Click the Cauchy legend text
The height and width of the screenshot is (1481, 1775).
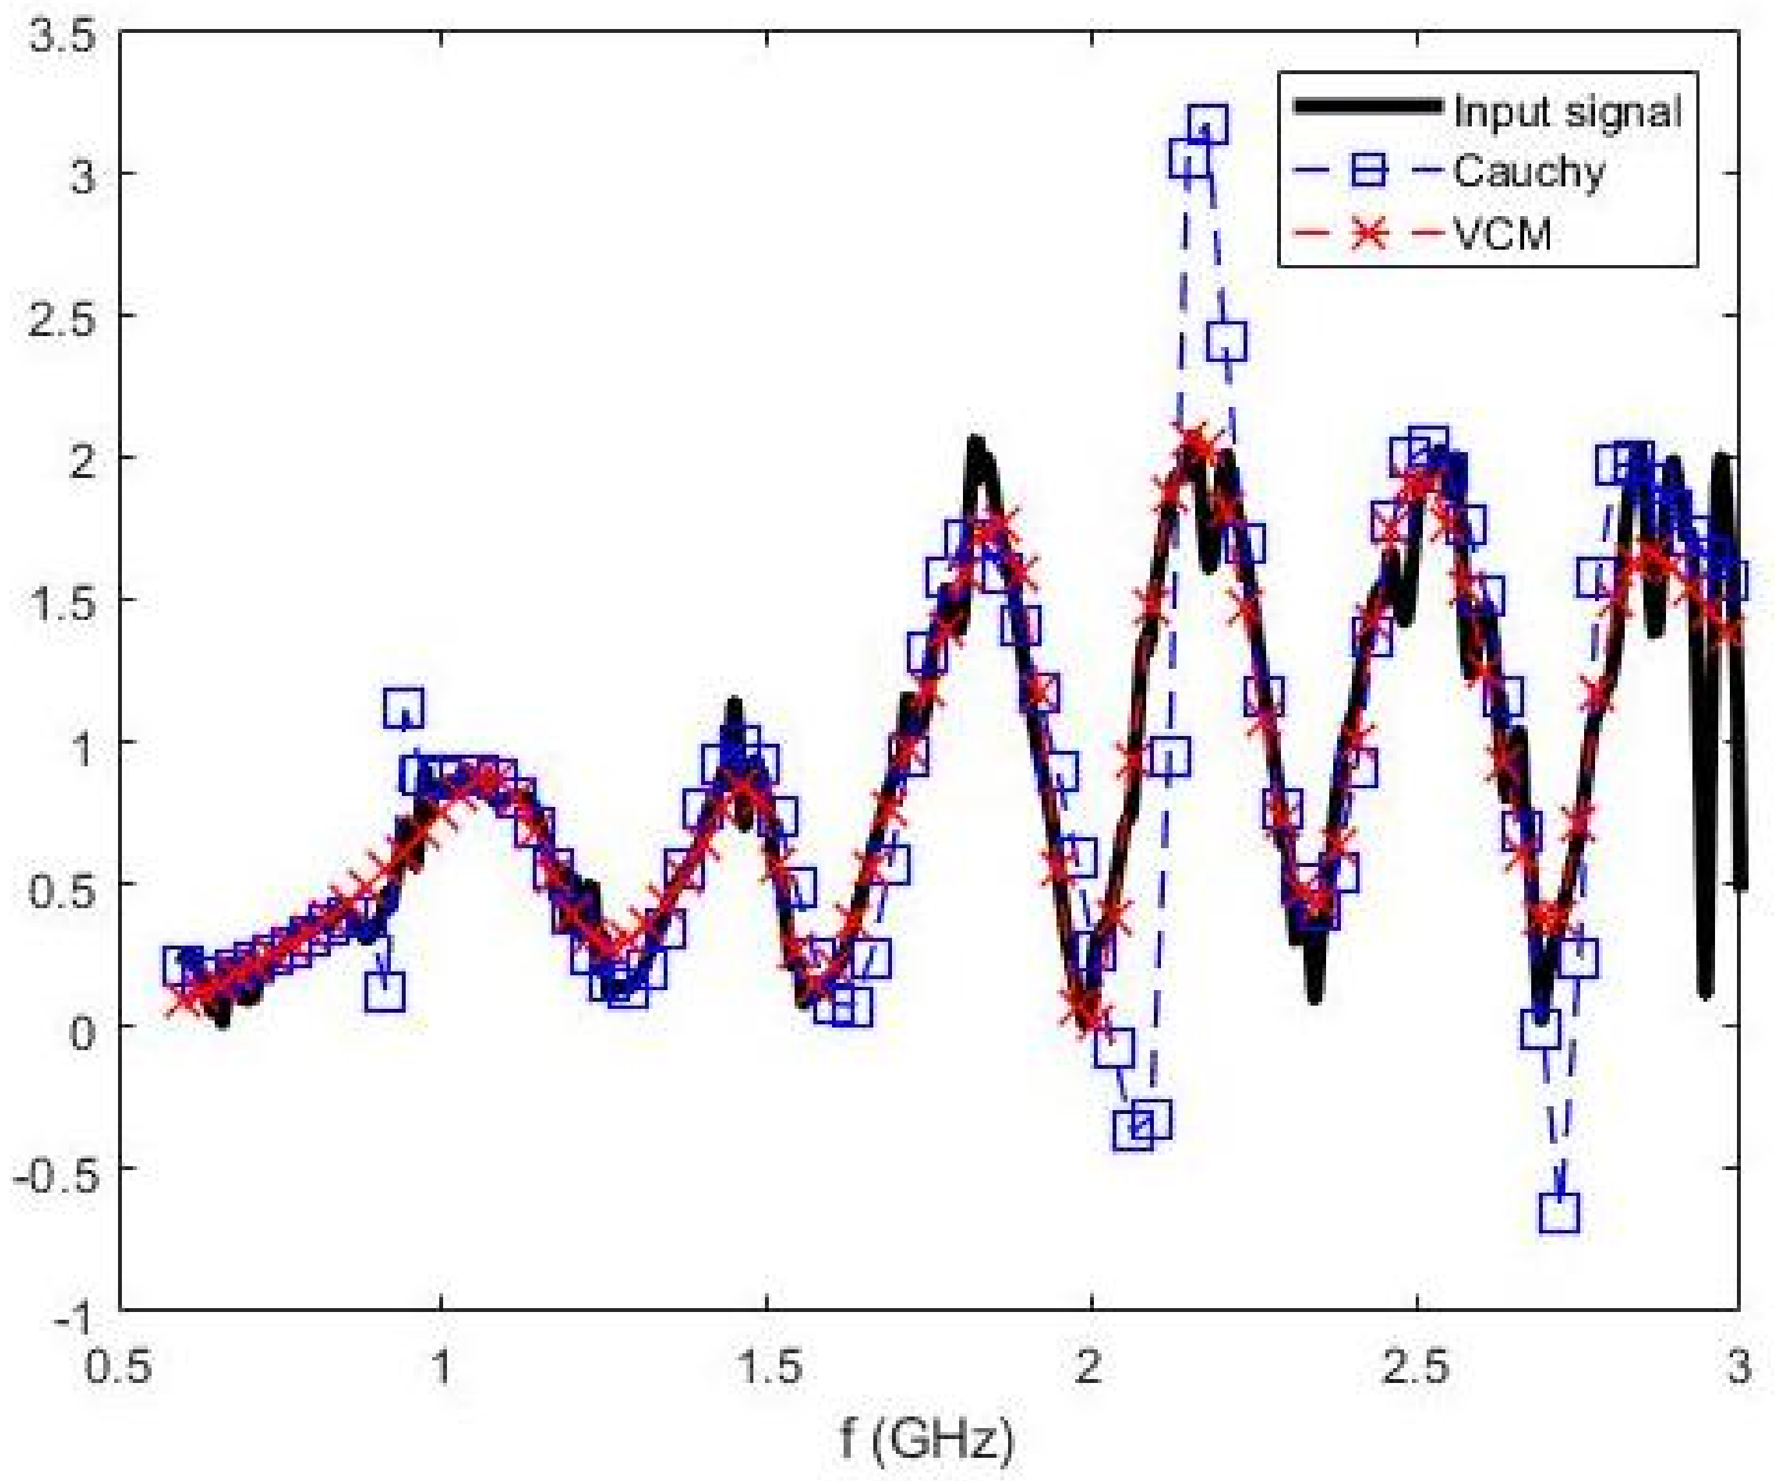tap(1528, 172)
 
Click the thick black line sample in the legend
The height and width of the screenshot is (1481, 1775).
tap(1367, 106)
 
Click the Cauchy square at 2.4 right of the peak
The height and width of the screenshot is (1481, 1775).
tap(1227, 340)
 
